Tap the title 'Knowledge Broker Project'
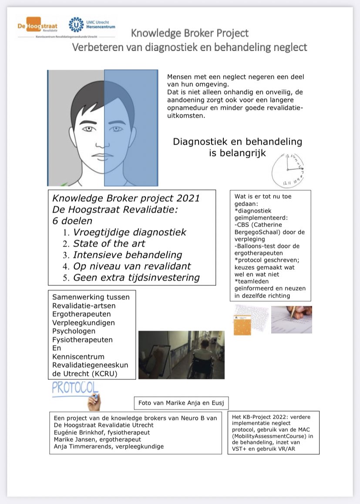(190, 33)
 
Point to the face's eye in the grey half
(88, 129)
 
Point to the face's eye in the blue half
(116, 129)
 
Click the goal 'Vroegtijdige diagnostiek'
(129, 232)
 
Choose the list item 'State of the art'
(109, 244)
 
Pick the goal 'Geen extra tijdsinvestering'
(136, 277)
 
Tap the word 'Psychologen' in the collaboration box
(71, 331)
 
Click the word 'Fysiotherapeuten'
(82, 339)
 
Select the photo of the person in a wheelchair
(181, 354)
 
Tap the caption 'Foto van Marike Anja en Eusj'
(181, 403)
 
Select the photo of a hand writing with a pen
(291, 319)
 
